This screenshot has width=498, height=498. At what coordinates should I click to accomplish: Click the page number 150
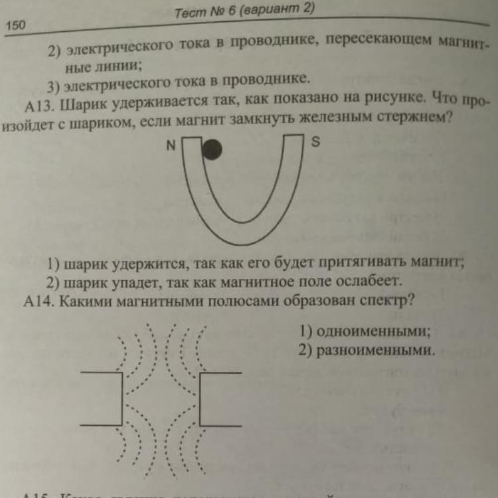15,25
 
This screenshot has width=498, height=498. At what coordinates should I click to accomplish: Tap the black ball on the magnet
211,150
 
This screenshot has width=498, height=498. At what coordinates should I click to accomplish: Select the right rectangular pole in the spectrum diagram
222,399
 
